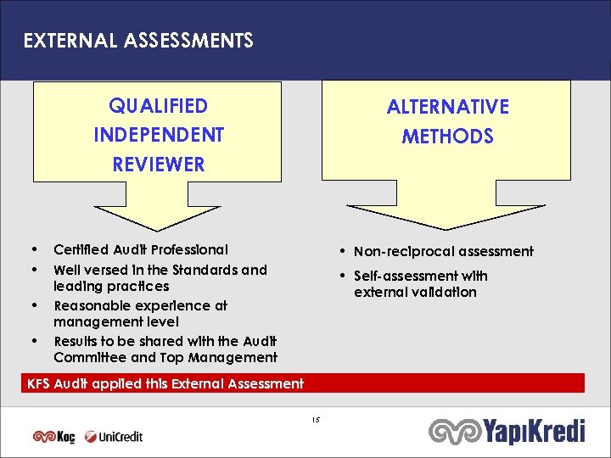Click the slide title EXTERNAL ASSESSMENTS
[x=137, y=41]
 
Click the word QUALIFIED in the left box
[x=159, y=106]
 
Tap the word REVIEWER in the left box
[x=159, y=165]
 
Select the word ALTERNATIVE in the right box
[x=447, y=107]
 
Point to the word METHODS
[x=447, y=137]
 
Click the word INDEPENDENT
[x=159, y=136]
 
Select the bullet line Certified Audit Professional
[x=141, y=249]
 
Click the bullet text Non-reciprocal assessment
[x=443, y=251]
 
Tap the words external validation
[x=415, y=293]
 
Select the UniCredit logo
[x=113, y=437]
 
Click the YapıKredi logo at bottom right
[x=507, y=433]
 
